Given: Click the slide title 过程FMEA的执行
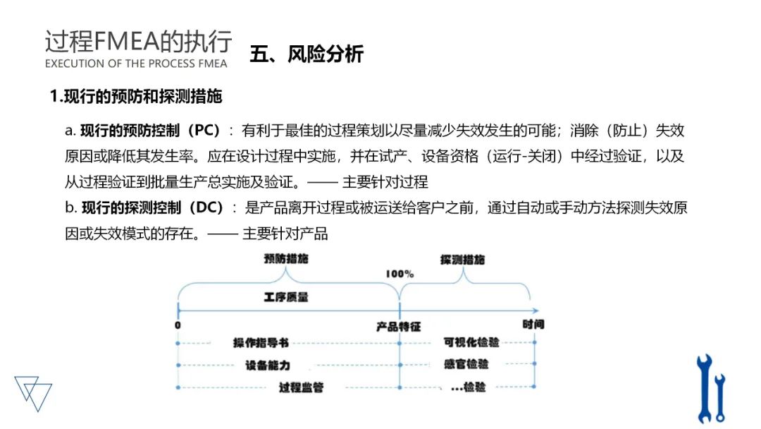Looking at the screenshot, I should pyautogui.click(x=138, y=42).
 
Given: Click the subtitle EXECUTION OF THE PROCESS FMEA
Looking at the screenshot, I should pyautogui.click(x=136, y=64).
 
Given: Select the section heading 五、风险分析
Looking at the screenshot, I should pyautogui.click(x=307, y=55).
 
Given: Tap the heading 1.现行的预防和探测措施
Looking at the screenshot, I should pyautogui.click(x=136, y=97).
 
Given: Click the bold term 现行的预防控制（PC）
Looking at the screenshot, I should pyautogui.click(x=151, y=131).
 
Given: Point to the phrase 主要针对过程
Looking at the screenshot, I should pyautogui.click(x=385, y=181).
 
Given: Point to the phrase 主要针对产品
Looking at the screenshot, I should pyautogui.click(x=285, y=234).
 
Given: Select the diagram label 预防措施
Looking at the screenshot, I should pyautogui.click(x=286, y=259).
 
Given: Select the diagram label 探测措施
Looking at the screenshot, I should pyautogui.click(x=463, y=260).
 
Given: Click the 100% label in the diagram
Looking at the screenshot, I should pyautogui.click(x=400, y=274).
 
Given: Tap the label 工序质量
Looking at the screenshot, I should pyautogui.click(x=286, y=297).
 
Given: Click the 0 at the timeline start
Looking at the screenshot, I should pyautogui.click(x=178, y=325).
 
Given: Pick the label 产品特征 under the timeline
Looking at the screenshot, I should pyautogui.click(x=398, y=327).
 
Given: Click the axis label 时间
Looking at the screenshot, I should pyautogui.click(x=533, y=325).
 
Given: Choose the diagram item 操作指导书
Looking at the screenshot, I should pyautogui.click(x=261, y=343).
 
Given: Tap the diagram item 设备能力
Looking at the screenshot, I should pyautogui.click(x=268, y=365).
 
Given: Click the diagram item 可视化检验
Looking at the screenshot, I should pyautogui.click(x=471, y=342).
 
